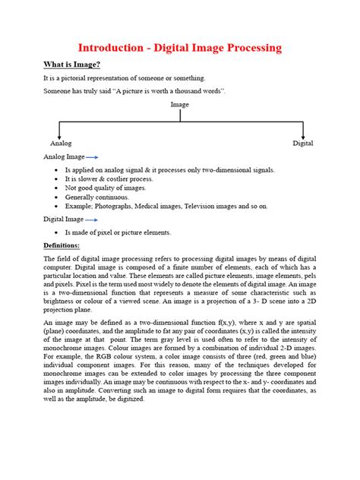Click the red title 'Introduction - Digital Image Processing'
(x=180, y=48)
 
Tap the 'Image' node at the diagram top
(x=180, y=105)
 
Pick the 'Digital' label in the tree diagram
(x=304, y=143)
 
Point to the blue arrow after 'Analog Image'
(x=93, y=156)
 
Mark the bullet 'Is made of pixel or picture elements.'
(x=118, y=232)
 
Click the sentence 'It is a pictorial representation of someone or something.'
(x=125, y=78)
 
